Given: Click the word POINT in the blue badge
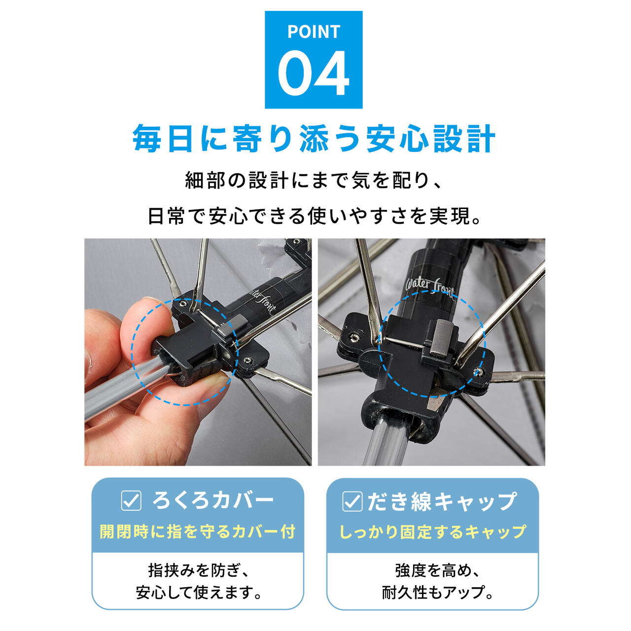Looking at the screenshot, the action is pyautogui.click(x=314, y=32).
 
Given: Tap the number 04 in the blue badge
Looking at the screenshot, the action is pyautogui.click(x=314, y=73).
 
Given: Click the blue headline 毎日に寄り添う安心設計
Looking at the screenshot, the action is pyautogui.click(x=314, y=138).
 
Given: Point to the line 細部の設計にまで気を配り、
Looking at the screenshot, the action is pyautogui.click(x=314, y=180).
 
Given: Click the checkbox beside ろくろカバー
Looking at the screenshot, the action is pyautogui.click(x=131, y=500).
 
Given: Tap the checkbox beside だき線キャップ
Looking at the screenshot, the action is pyautogui.click(x=352, y=501).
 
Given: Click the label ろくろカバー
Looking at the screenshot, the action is pyautogui.click(x=213, y=500).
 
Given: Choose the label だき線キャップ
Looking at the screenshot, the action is pyautogui.click(x=442, y=501).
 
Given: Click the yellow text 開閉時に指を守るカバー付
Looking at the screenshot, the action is pyautogui.click(x=198, y=531).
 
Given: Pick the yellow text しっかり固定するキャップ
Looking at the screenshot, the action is pyautogui.click(x=433, y=532).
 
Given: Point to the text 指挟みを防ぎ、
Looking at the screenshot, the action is pyautogui.click(x=199, y=570).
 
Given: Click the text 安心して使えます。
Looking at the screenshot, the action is pyautogui.click(x=199, y=592).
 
